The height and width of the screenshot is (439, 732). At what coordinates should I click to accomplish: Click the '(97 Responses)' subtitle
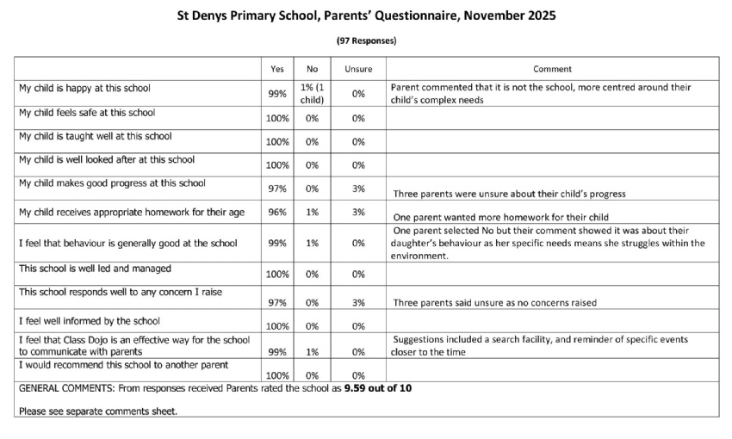pos(366,40)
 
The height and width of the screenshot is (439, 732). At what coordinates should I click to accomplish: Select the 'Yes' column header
pos(276,69)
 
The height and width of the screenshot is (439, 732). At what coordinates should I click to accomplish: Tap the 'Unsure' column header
pos(358,69)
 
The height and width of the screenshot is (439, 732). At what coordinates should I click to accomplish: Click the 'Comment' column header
pos(552,69)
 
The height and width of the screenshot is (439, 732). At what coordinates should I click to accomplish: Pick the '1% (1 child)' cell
pos(313,93)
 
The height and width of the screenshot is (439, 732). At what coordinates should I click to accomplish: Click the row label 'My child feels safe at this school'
pos(87,112)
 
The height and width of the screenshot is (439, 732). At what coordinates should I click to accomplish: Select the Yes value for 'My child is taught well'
pos(276,141)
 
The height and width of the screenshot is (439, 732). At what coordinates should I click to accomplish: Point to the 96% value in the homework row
pos(276,212)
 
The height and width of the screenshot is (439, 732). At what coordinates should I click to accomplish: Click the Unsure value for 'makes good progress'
pos(358,189)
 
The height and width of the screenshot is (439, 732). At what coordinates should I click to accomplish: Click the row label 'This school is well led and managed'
pos(89,269)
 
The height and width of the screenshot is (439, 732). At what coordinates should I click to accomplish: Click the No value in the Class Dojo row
pos(313,351)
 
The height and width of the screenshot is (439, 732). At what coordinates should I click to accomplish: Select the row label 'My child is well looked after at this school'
pos(107,159)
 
